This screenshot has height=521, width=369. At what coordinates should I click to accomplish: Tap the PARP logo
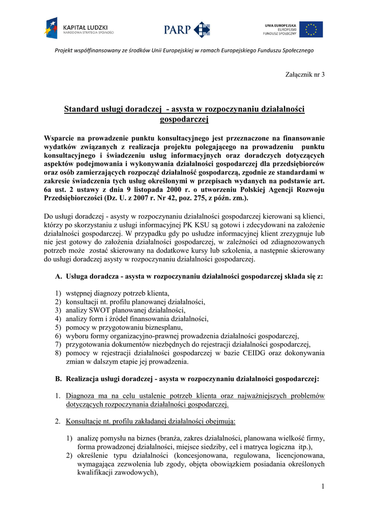[x=187, y=30]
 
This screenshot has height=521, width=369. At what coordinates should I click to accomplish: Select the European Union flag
[x=310, y=30]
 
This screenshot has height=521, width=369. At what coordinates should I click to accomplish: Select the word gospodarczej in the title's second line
[x=184, y=120]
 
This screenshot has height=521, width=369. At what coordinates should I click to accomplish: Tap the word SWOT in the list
[x=100, y=310]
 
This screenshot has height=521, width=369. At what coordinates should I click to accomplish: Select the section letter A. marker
[x=58, y=277]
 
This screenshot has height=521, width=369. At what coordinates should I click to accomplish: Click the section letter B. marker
[x=58, y=379]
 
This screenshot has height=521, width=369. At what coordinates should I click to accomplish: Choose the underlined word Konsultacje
[x=86, y=421]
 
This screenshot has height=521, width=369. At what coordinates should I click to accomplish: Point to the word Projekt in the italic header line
[x=66, y=50]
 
